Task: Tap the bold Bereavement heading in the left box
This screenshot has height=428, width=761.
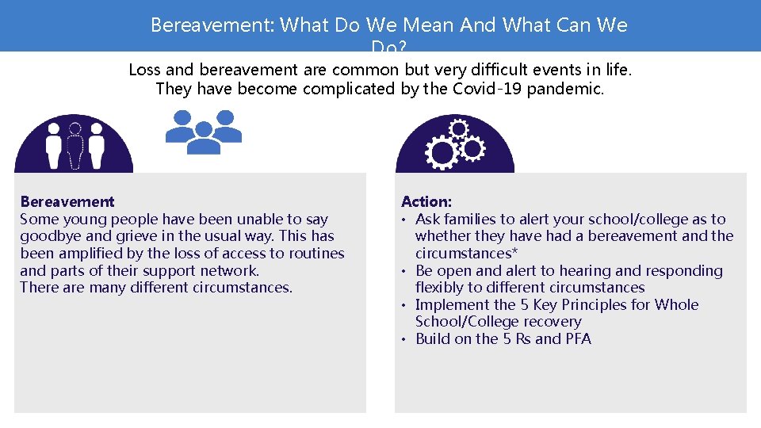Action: [x=67, y=202]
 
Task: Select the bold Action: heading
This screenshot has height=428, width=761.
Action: [x=426, y=202]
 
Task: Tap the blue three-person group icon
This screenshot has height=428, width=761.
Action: [x=204, y=132]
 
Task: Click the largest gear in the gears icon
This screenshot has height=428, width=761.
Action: [x=440, y=152]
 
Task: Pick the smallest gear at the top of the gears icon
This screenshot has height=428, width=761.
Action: [x=458, y=128]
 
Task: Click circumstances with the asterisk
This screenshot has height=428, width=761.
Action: [x=461, y=254]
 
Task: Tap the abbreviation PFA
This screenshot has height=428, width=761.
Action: [x=578, y=339]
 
